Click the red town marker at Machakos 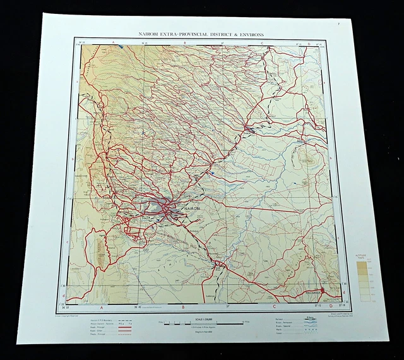click(x=322, y=291)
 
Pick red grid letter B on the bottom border click(x=184, y=309)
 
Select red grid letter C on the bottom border click(x=274, y=308)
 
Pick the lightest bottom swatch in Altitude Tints click(x=362, y=299)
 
